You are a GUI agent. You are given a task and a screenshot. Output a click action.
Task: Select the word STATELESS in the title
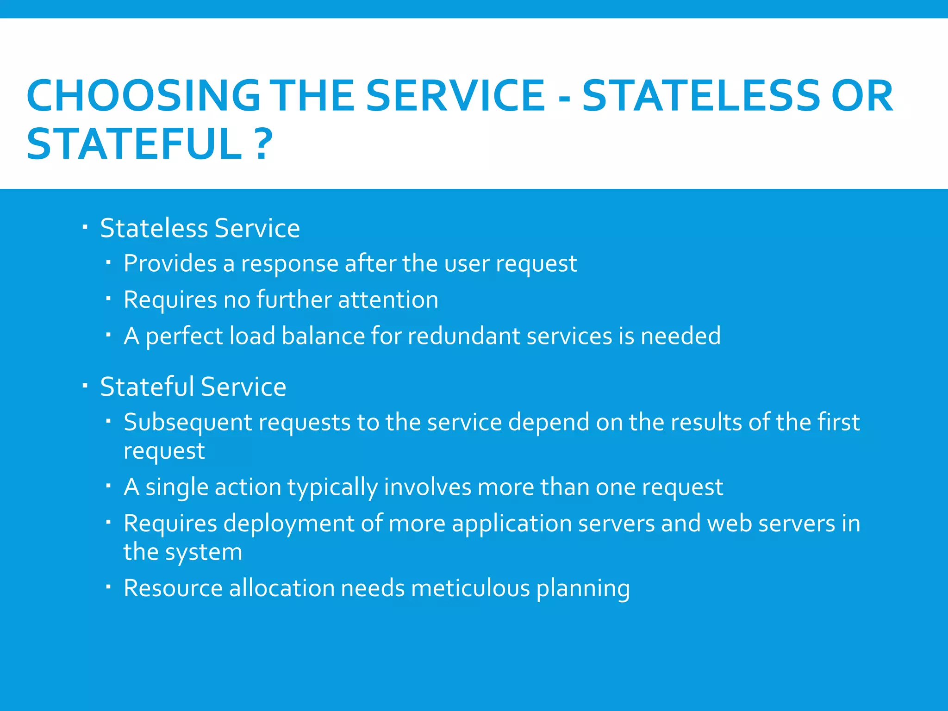(x=701, y=96)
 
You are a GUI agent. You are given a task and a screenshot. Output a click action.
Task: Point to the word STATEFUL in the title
(x=134, y=144)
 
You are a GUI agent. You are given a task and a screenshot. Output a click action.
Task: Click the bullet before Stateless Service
(x=85, y=227)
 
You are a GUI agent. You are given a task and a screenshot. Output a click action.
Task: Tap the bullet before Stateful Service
(x=85, y=386)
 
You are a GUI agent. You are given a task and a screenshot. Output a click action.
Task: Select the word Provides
(x=170, y=264)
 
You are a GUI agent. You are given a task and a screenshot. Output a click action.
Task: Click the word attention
(x=388, y=299)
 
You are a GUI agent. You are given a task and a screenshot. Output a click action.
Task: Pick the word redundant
(x=464, y=336)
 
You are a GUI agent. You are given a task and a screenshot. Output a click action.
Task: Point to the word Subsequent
(x=188, y=422)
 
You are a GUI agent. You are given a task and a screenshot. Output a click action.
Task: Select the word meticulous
(x=470, y=588)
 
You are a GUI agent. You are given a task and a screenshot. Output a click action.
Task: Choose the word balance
(x=323, y=336)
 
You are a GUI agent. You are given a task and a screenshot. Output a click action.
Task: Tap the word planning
(x=583, y=589)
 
